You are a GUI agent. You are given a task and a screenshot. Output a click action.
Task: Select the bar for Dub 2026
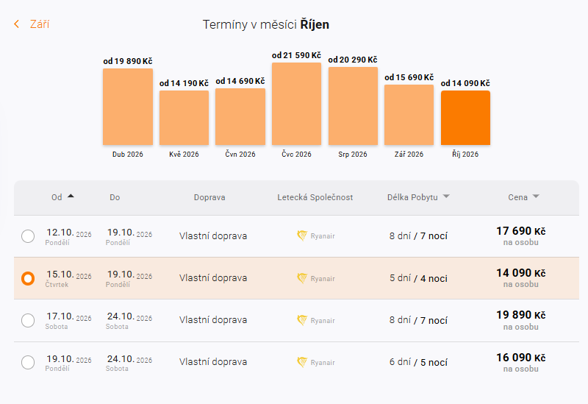click(128, 107)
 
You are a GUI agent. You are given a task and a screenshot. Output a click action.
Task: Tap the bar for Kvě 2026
click(184, 118)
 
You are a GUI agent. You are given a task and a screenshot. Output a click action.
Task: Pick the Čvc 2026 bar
click(296, 104)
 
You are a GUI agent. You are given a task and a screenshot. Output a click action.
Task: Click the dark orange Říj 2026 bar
click(465, 118)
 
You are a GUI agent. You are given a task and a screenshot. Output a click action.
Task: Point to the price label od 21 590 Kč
click(296, 55)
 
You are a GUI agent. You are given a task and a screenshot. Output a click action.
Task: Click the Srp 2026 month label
click(353, 155)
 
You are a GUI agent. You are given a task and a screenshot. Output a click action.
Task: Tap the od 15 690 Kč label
click(409, 77)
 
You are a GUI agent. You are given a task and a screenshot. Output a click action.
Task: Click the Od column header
click(57, 197)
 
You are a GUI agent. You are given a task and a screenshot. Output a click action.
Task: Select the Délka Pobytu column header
click(412, 197)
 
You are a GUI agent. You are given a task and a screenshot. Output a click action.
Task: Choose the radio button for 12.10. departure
click(28, 236)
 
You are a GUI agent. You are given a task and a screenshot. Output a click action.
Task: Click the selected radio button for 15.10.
click(28, 278)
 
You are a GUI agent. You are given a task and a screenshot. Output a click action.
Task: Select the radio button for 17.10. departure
click(28, 320)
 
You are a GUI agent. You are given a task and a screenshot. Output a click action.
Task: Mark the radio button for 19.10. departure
click(28, 362)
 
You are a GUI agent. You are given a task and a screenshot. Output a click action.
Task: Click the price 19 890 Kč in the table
click(520, 315)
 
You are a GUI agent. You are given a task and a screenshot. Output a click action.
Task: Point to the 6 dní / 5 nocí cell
click(418, 362)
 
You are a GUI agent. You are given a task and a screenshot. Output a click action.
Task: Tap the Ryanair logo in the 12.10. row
click(302, 236)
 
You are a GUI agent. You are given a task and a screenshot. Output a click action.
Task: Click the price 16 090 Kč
click(520, 358)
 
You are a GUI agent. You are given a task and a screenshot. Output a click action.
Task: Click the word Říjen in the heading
click(315, 24)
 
